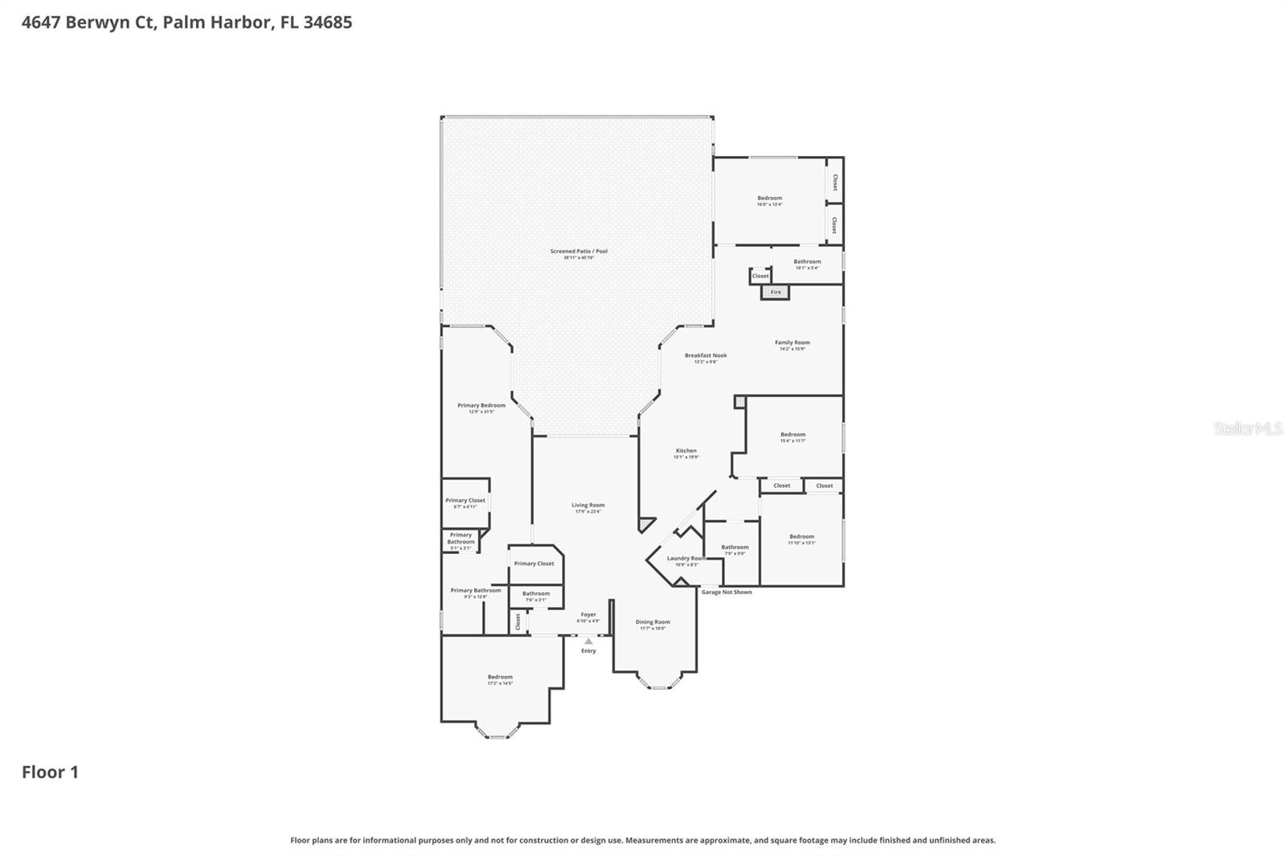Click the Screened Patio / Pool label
click(579, 252)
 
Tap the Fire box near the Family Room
click(776, 292)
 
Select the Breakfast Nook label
click(706, 355)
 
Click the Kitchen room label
click(686, 451)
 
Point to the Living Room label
click(588, 506)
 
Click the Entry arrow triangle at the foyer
click(588, 642)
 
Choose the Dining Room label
click(653, 622)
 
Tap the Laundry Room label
click(686, 559)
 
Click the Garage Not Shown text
click(727, 593)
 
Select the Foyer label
click(588, 615)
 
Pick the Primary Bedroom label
click(481, 406)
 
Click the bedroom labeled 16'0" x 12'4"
click(769, 199)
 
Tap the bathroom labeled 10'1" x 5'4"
click(807, 262)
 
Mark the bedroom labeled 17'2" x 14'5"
click(500, 678)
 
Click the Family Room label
click(792, 343)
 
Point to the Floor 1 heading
click(50, 773)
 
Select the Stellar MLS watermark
click(1247, 429)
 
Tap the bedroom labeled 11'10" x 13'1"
click(801, 537)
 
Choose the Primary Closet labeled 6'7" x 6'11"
click(465, 501)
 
